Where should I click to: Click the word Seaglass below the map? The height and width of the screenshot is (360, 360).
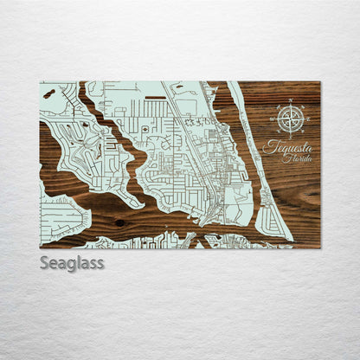[x=71, y=262]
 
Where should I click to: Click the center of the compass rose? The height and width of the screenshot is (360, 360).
[x=291, y=119]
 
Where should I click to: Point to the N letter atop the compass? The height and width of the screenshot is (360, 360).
[x=291, y=103]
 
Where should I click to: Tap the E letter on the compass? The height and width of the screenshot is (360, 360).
[x=307, y=119]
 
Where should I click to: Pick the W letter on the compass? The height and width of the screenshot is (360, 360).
[x=274, y=119]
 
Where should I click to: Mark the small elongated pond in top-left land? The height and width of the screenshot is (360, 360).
[x=48, y=91]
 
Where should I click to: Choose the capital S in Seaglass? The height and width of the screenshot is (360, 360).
[x=44, y=262]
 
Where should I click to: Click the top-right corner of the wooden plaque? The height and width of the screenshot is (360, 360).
[x=319, y=82]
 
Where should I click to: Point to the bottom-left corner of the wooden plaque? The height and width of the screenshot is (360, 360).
[x=40, y=247]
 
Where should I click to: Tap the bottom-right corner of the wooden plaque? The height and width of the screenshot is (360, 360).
[x=319, y=247]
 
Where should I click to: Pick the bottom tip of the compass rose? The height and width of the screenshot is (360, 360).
[x=291, y=135]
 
